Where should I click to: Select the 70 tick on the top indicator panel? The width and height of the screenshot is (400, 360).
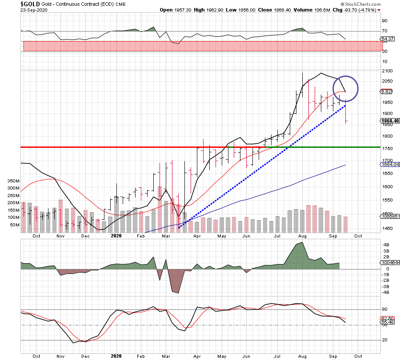point(385,31)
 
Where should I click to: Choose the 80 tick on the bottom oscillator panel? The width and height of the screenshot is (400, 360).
point(385,309)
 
